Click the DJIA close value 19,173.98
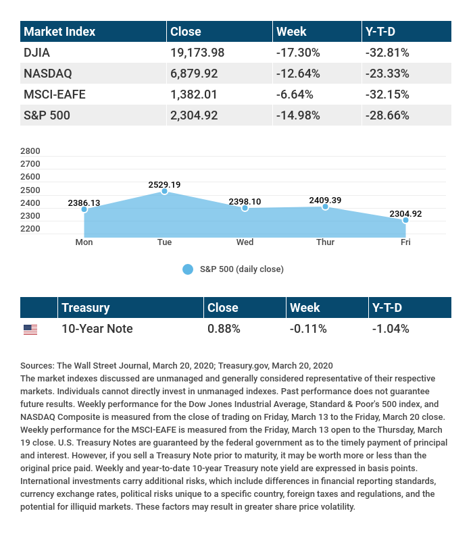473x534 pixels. pos(197,52)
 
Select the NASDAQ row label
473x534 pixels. pos(48,73)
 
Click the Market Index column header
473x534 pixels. pos(59,32)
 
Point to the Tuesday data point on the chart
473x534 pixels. pos(164,192)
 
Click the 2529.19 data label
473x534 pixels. pos(164,184)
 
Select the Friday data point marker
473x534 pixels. pos(405,220)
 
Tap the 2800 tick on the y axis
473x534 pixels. pos(31,151)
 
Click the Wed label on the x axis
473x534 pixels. pos(245,242)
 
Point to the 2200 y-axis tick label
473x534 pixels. pos(31,229)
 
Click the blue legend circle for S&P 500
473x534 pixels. pos(188,269)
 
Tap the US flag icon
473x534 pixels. pos(30,329)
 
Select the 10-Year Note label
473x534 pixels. pos(97,329)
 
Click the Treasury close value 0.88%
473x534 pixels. pos(224,329)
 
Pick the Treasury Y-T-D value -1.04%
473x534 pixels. pos(391,329)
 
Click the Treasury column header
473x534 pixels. pos(85,308)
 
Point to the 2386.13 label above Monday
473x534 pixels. pos(84,203)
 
